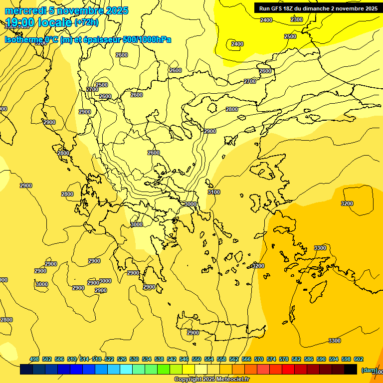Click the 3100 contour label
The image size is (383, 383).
(x=213, y=192)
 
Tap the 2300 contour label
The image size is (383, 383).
(x=297, y=19)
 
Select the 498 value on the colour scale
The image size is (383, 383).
(x=34, y=359)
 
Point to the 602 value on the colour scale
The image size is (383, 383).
(x=359, y=359)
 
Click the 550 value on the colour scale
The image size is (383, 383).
(x=196, y=359)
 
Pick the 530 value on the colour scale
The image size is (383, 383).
(x=134, y=359)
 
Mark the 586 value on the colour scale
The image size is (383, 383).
(x=309, y=359)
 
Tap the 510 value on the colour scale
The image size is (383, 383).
(x=72, y=359)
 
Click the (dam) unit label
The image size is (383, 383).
(x=369, y=370)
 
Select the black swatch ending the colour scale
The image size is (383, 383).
(x=351, y=370)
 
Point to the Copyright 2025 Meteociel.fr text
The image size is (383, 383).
(x=211, y=380)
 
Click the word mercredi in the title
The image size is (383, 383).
(x=23, y=10)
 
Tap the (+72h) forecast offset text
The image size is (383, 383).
(x=86, y=22)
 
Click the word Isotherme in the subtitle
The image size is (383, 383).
(x=23, y=40)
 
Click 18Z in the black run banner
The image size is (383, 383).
(x=294, y=8)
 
